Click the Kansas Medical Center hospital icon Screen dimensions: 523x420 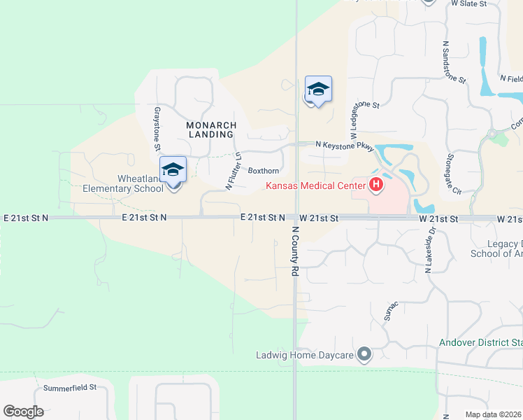pyautogui.click(x=376, y=185)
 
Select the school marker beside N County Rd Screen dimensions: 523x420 pyautogui.click(x=318, y=90)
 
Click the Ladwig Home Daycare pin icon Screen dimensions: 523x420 pyautogui.click(x=364, y=355)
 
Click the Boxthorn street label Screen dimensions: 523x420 pyautogui.click(x=264, y=171)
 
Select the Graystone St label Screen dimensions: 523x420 pyautogui.click(x=157, y=127)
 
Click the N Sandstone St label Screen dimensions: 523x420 pyautogui.click(x=454, y=62)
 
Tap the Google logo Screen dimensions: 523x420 pyautogui.click(x=23, y=412)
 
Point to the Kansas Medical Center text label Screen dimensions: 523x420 pyautogui.click(x=315, y=185)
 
